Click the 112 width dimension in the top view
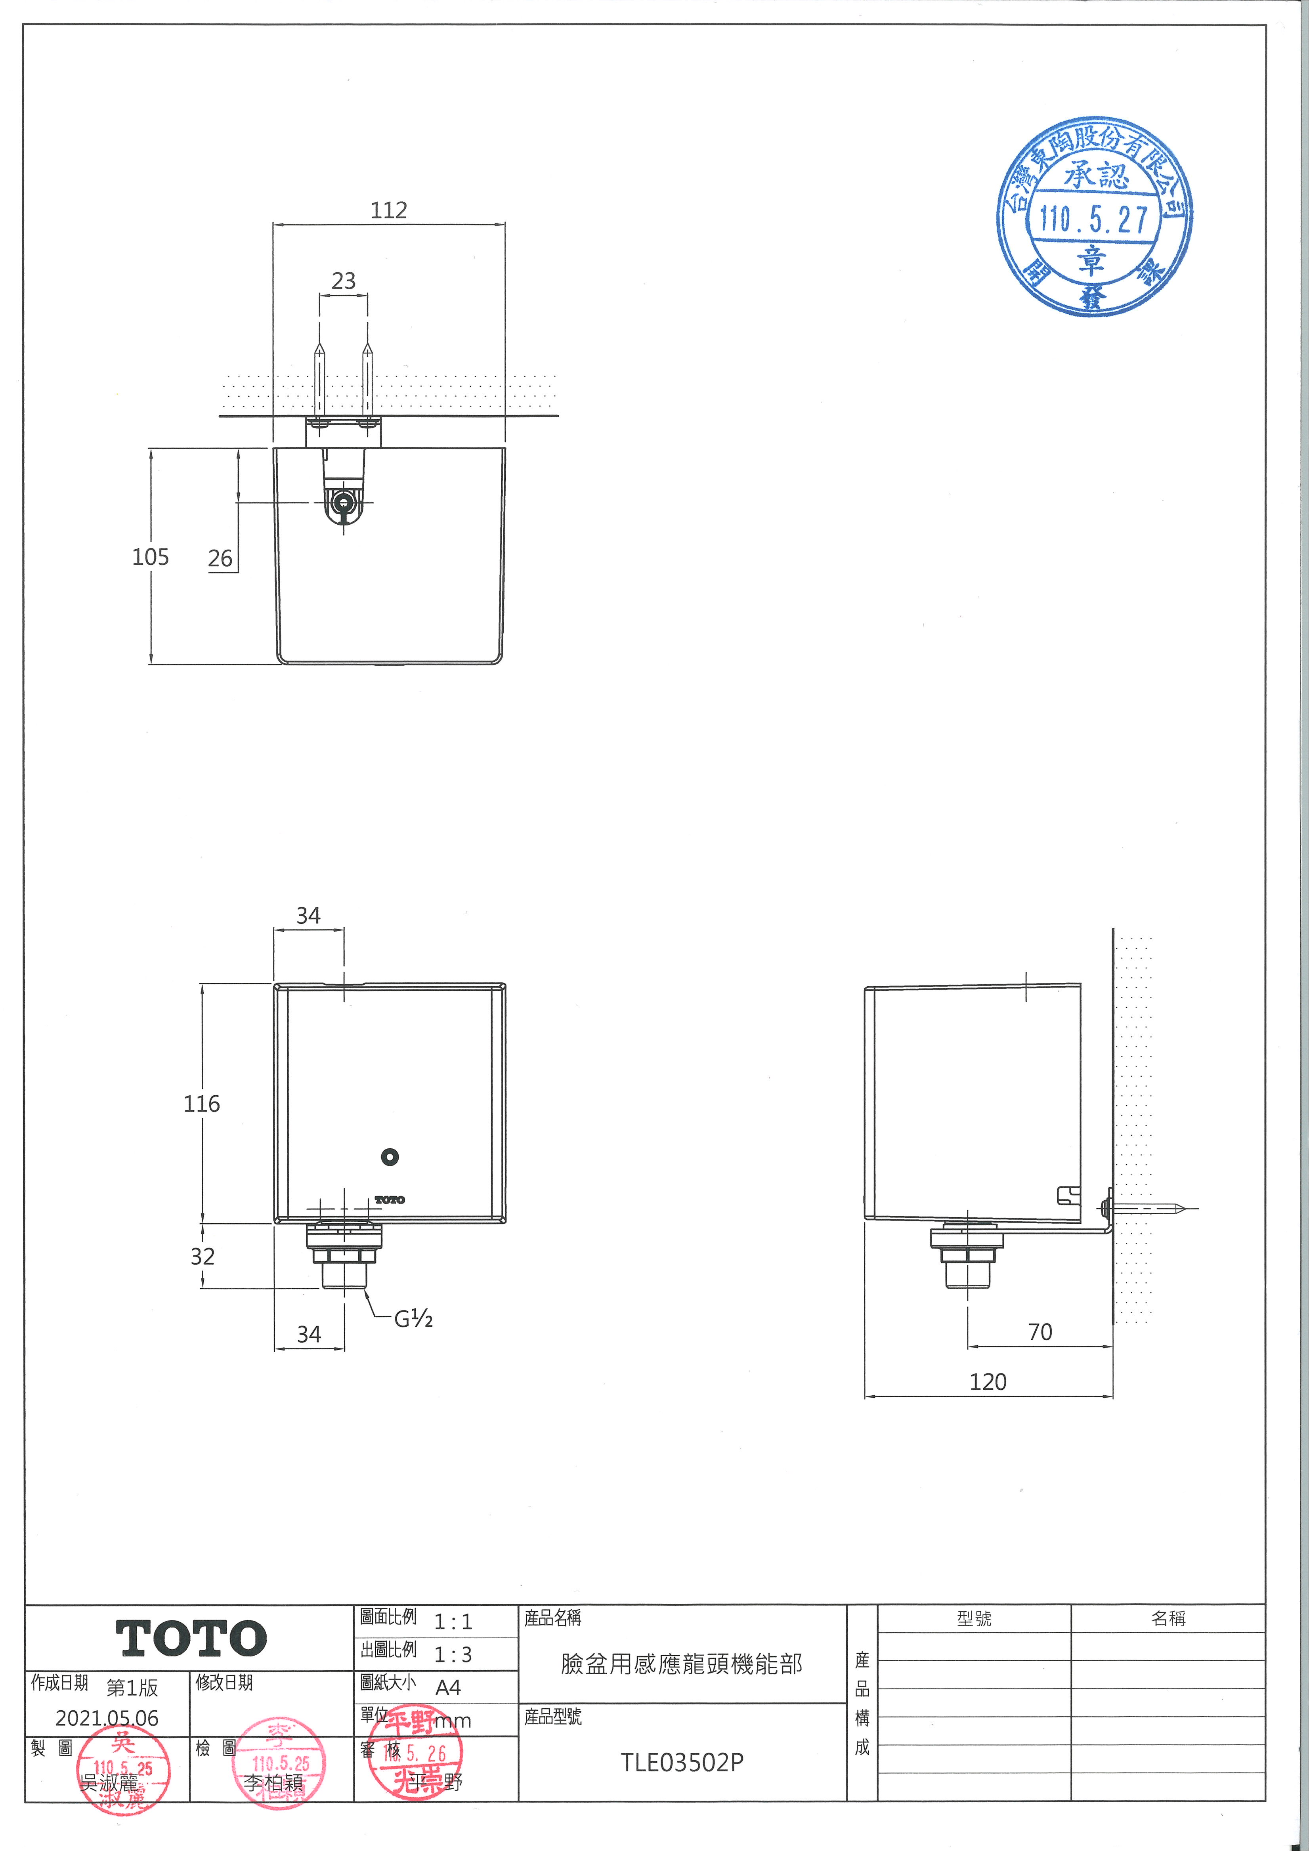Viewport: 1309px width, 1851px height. coord(388,210)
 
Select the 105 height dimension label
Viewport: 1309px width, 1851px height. coord(151,557)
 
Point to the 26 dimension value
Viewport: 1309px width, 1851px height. coord(220,559)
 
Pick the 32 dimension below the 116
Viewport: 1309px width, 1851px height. coord(203,1256)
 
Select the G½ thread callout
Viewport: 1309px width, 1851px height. coord(413,1319)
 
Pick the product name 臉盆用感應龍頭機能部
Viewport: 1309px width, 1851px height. coord(682,1665)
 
